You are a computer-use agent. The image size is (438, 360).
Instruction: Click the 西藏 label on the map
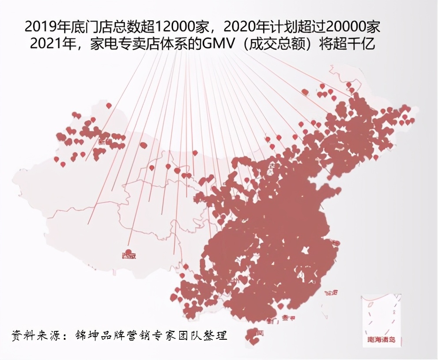[x=129, y=255]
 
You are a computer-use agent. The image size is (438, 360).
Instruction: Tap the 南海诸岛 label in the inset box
[x=382, y=340]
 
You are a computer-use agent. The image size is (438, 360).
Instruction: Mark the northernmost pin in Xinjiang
[x=109, y=106]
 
